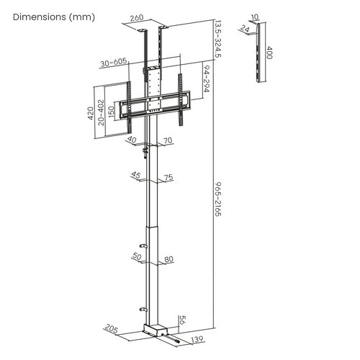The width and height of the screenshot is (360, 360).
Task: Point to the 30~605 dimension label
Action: tap(113, 62)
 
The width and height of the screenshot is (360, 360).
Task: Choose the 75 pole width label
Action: tap(168, 177)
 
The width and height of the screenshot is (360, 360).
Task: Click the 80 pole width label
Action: tap(168, 259)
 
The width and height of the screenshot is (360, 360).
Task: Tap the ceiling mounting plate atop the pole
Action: tap(153, 30)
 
